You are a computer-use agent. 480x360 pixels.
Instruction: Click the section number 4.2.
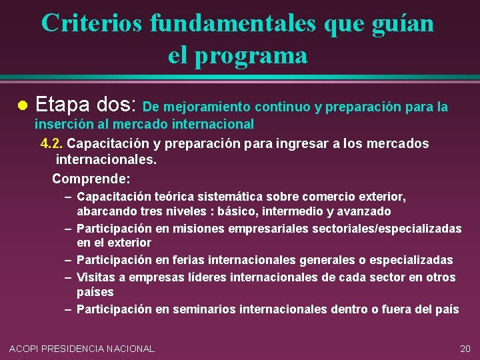52,143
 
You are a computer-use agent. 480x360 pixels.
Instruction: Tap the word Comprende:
91,179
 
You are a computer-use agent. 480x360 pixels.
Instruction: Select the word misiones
200,229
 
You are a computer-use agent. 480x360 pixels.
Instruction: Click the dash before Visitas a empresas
69,277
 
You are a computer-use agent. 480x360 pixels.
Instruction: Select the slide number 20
465,348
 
